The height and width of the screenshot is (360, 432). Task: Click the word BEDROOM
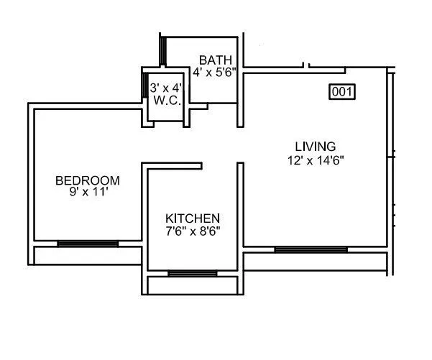click(x=88, y=180)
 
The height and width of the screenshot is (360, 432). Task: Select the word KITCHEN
click(x=193, y=218)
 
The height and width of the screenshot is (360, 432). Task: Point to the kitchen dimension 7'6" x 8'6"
click(x=193, y=231)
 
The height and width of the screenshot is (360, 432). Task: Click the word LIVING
click(x=314, y=148)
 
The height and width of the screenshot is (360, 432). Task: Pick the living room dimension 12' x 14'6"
click(x=315, y=160)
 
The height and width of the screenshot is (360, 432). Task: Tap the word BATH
click(x=216, y=60)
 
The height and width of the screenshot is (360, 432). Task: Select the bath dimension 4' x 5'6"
click(x=215, y=72)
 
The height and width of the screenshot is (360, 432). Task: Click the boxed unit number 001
click(x=343, y=91)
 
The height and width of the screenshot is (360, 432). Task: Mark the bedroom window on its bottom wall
click(x=88, y=244)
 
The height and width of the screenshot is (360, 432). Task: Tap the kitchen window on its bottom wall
click(x=192, y=273)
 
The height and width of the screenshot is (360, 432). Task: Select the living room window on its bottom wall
click(x=311, y=249)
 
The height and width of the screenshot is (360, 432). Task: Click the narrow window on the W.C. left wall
click(x=144, y=93)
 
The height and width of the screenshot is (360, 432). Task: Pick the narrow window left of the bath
click(x=163, y=50)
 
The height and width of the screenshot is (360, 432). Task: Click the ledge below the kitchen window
click(x=192, y=285)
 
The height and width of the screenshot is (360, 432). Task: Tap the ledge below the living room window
click(x=316, y=262)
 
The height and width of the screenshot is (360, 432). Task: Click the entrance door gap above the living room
click(x=277, y=68)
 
